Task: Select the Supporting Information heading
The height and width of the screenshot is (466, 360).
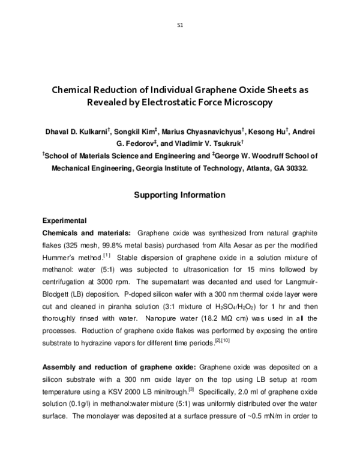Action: pyautogui.click(x=179, y=195)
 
